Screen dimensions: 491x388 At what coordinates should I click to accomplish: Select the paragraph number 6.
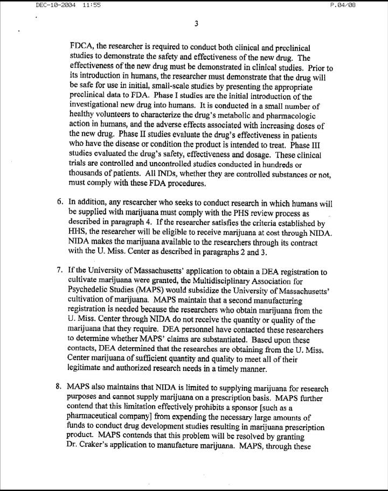pos(60,202)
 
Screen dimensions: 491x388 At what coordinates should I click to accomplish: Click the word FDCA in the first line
pos(81,48)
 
